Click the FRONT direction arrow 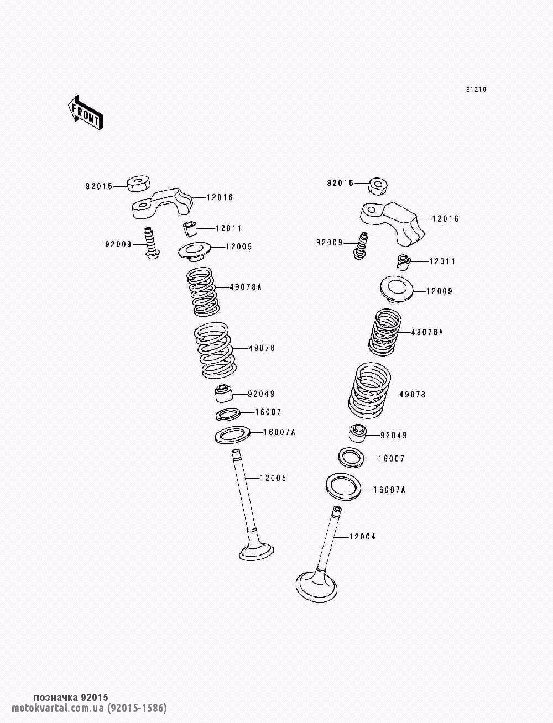tap(85, 113)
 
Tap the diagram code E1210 tap(476, 90)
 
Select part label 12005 tap(273, 478)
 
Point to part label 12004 tap(362, 537)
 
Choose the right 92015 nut tap(378, 186)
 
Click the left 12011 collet tap(189, 229)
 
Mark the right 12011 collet tap(403, 262)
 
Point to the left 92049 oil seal tap(224, 394)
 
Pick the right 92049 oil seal tap(358, 434)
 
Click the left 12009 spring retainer tap(195, 252)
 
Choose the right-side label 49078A tap(427, 332)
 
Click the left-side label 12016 tap(220, 197)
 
